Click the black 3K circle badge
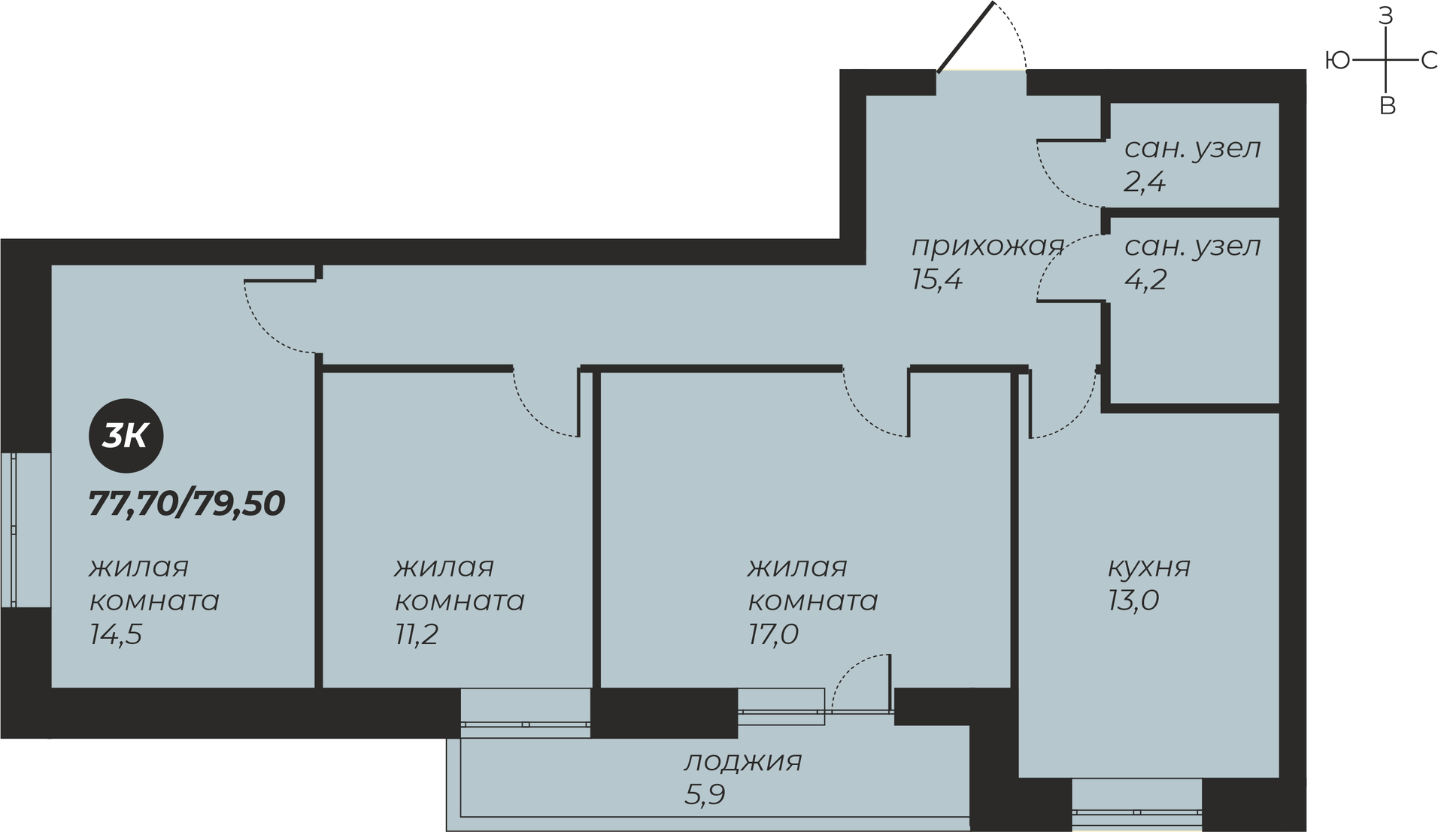[x=126, y=436]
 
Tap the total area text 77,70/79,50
[x=187, y=504]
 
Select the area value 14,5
[x=116, y=635]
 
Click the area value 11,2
[x=417, y=635]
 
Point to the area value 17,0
[x=773, y=635]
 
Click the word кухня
[x=1149, y=567]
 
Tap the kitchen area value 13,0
[x=1133, y=601]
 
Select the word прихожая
[x=988, y=247]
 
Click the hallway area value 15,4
[x=937, y=280]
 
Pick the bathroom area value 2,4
[x=1145, y=182]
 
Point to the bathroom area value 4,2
[x=1145, y=280]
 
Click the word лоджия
[x=743, y=762]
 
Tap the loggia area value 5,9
[x=705, y=794]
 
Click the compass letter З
[x=1385, y=16]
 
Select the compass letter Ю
[x=1337, y=60]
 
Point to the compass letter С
[x=1429, y=60]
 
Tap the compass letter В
[x=1388, y=106]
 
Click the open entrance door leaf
[x=966, y=37]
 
